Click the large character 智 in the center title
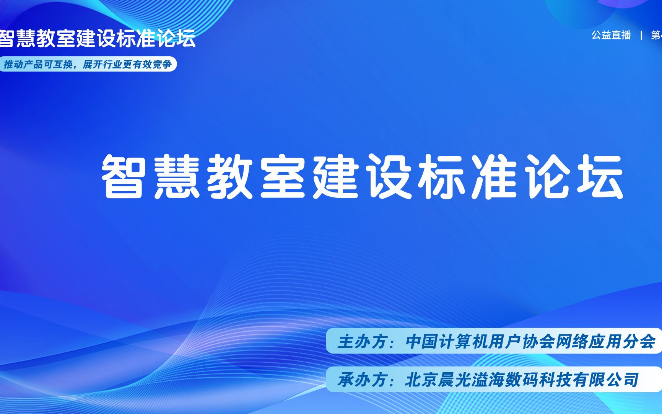pos(123,176)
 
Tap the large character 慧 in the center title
pos(177,176)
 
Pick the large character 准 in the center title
pos(494,176)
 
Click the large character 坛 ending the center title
pos(600,176)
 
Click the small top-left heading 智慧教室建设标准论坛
pos(97,38)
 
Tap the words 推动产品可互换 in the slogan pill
pos(37,64)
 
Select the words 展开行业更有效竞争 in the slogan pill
pos(127,64)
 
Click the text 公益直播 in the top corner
pos(611,35)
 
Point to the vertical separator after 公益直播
pos(641,35)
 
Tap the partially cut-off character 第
pos(657,35)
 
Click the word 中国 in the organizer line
pos(422,341)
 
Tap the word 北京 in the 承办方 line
pos(421,380)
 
